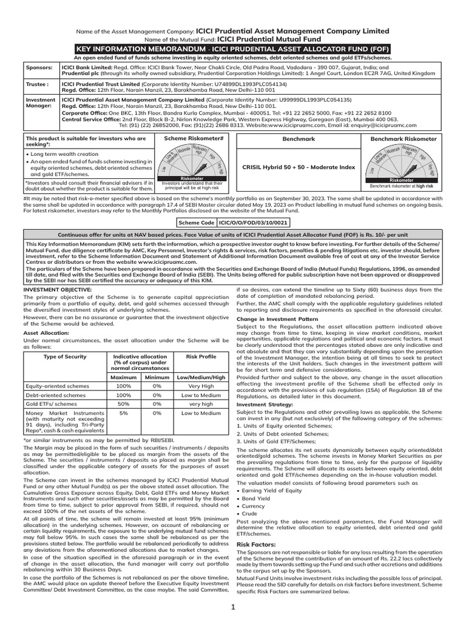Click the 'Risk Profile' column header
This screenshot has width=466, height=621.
[x=203, y=357]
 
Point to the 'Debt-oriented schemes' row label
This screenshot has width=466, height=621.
[x=53, y=394]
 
